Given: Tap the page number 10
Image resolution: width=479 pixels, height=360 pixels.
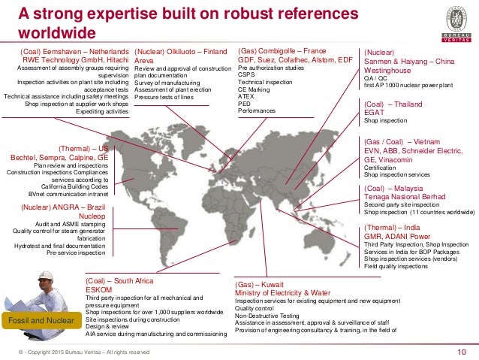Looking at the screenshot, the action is [x=462, y=351].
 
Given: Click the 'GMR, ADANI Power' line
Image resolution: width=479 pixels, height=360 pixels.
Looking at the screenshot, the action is [x=399, y=236].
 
